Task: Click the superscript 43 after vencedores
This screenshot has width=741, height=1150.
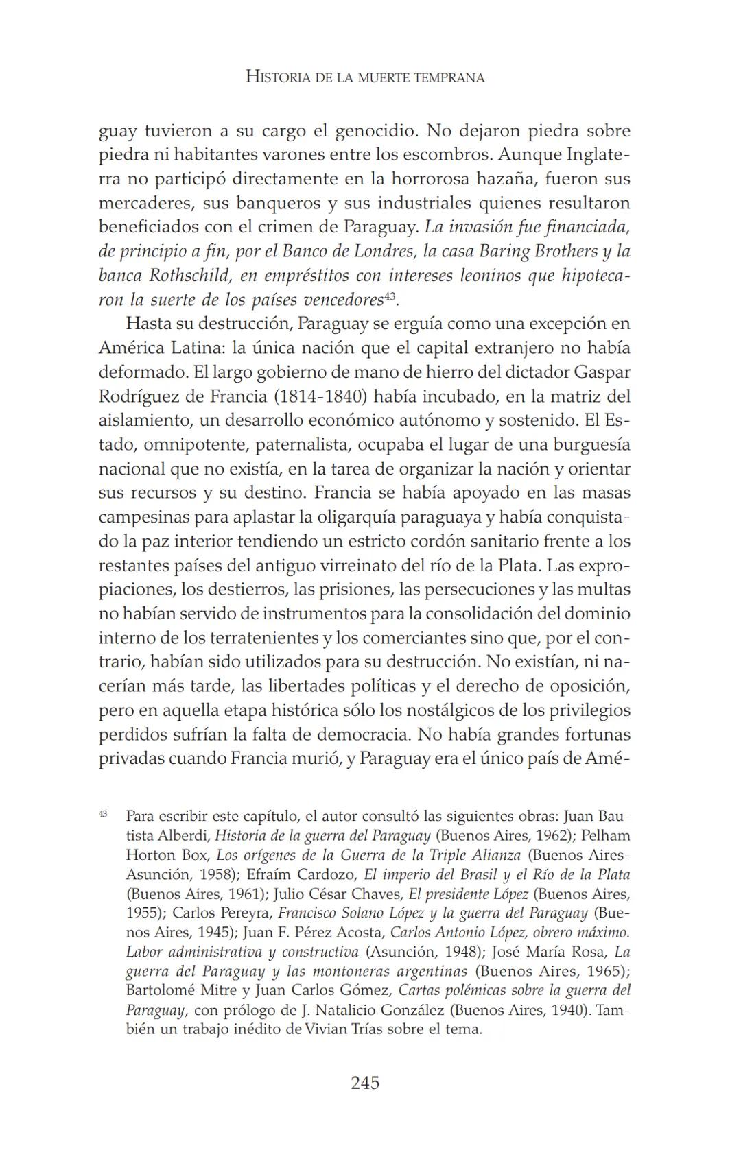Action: pyautogui.click(x=390, y=296)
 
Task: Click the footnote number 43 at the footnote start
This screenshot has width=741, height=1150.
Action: pyautogui.click(x=103, y=814)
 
